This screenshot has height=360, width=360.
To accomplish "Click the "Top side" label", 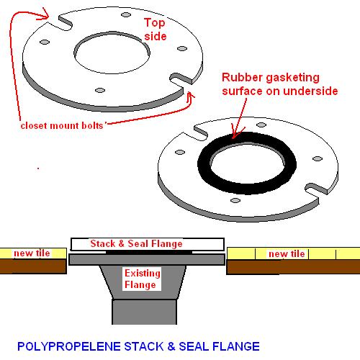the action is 156,30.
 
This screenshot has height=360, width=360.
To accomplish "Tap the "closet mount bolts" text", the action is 62,126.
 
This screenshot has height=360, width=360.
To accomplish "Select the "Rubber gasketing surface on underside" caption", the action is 280,84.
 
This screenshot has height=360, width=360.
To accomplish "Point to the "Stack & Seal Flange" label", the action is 136,243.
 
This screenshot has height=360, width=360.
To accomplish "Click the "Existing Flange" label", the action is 142,279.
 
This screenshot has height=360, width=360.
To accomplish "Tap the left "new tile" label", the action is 32,253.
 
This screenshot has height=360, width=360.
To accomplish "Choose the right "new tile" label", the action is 287,253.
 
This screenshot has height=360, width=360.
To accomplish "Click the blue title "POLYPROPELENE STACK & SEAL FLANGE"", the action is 138,346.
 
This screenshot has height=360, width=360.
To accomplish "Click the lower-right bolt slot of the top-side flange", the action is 181,79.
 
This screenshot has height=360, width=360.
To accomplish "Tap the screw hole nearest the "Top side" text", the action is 126,15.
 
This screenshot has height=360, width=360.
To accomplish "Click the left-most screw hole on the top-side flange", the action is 45,42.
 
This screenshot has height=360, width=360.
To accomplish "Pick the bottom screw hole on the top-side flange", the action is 100,90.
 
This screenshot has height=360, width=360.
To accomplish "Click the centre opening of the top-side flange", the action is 112,54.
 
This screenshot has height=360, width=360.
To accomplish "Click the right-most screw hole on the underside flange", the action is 318,158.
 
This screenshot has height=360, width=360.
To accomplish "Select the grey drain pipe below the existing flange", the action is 145,312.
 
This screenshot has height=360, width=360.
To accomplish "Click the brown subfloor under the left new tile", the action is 33,266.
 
